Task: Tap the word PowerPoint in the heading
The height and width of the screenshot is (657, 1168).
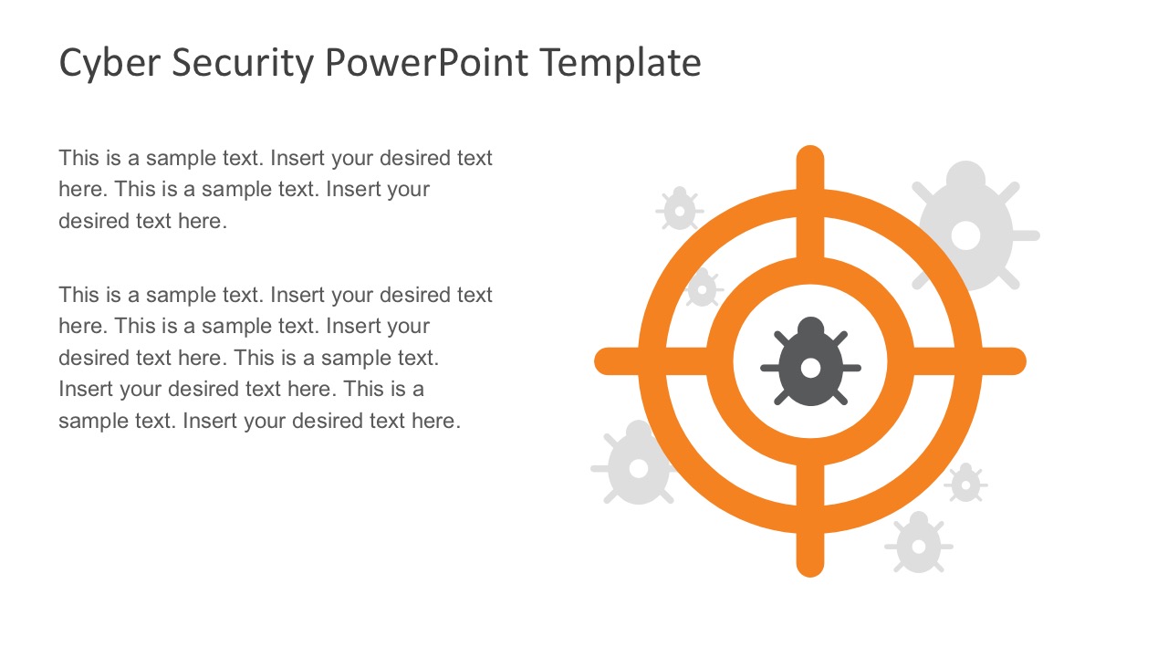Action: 426,64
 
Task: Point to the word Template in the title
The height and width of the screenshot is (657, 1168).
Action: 620,64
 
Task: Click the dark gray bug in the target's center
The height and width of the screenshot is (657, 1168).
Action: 810,363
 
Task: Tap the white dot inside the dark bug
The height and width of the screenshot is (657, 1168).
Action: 810,368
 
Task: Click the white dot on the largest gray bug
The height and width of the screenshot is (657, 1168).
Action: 965,235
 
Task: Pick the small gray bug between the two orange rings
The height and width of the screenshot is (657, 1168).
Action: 702,288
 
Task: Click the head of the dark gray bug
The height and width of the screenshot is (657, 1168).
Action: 810,328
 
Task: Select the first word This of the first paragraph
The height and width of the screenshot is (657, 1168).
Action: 78,158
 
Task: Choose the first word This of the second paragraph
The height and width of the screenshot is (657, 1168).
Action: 78,295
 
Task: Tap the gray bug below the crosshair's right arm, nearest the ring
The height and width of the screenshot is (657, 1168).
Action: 965,483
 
